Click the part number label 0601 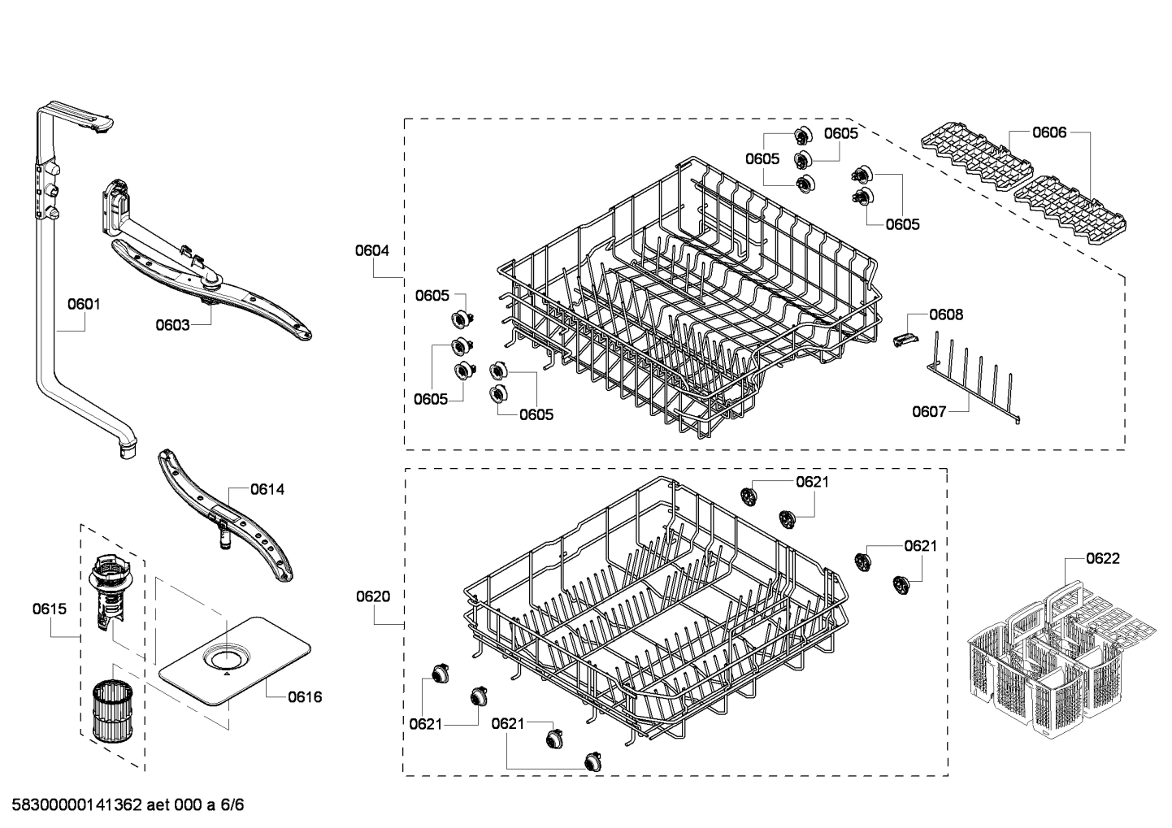(x=84, y=305)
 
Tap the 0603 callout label (x=172, y=326)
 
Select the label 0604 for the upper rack (x=371, y=251)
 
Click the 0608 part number (x=946, y=314)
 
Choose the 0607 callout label (x=928, y=412)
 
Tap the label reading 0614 (x=267, y=489)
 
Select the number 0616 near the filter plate (x=305, y=697)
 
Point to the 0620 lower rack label (x=373, y=596)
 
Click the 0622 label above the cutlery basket (x=1103, y=558)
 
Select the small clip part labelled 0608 (x=900, y=339)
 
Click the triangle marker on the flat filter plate (x=226, y=673)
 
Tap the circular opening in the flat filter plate (x=227, y=655)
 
